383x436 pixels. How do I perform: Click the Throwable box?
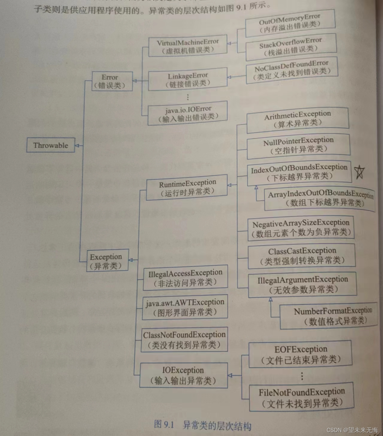pos(51,145)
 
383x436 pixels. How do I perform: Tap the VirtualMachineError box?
pos(188,46)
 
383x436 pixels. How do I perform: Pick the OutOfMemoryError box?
pos(290,23)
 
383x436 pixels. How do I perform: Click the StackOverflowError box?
pos(291,46)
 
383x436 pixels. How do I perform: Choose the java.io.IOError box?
pos(188,113)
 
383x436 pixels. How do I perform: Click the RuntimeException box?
pos(187,187)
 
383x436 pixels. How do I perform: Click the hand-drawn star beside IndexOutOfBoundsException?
pos(359,172)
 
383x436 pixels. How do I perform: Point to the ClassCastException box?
pos(302,255)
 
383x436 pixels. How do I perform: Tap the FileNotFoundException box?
pos(302,397)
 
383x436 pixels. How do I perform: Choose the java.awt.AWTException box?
pos(185,307)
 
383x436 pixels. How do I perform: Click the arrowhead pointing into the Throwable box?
pos(77,145)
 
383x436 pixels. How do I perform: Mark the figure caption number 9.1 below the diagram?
pos(169,424)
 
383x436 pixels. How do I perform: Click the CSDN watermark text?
pos(352,430)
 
